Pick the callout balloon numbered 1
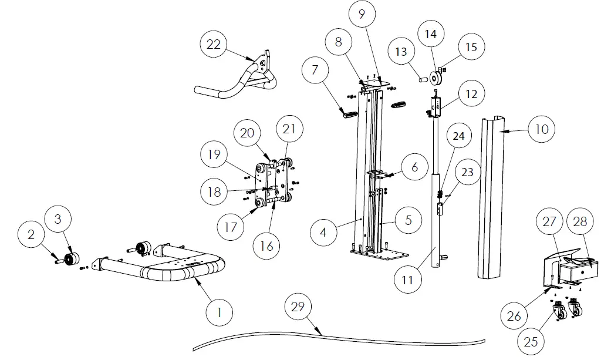(x=219, y=312)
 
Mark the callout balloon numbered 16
(x=268, y=247)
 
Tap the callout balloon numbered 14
(x=430, y=35)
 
